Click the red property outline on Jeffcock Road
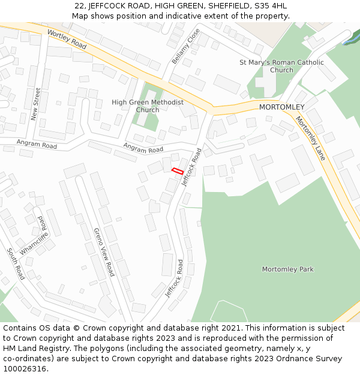pos(177,171)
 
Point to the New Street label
pos(36,104)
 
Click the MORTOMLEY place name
pos(281,107)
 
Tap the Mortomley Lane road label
pos(310,138)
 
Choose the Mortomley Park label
pos(287,269)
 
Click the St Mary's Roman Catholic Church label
pos(281,66)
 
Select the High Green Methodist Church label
pos(148,106)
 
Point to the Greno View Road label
pos(104,252)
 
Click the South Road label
pos(16,264)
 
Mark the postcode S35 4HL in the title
pos(271,6)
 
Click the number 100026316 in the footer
pos(24,368)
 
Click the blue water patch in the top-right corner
pos(347,41)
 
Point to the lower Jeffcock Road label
pos(174,278)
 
